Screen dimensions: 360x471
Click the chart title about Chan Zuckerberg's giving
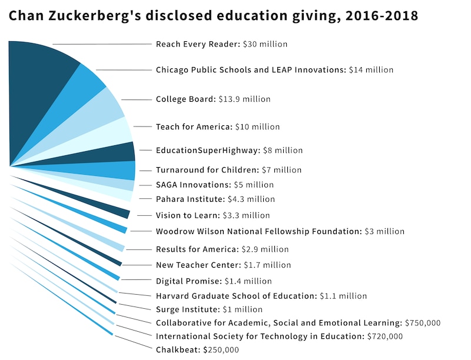[x=213, y=16]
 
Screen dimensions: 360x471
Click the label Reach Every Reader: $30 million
[x=221, y=44]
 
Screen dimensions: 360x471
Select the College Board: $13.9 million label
[x=213, y=99]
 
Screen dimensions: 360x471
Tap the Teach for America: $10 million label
[x=218, y=126]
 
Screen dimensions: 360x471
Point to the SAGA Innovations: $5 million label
[x=214, y=185]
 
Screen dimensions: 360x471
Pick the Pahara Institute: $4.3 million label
[x=215, y=199]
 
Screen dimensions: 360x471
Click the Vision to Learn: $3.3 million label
[x=213, y=215]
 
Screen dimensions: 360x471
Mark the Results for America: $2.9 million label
[x=222, y=249]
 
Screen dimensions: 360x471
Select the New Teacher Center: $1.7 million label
[x=223, y=265]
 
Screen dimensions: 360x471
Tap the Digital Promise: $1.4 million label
[x=214, y=281]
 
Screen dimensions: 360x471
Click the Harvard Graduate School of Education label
[x=261, y=296]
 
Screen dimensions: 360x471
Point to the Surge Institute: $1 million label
[x=209, y=309]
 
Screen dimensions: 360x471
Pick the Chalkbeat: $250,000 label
[x=197, y=350]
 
